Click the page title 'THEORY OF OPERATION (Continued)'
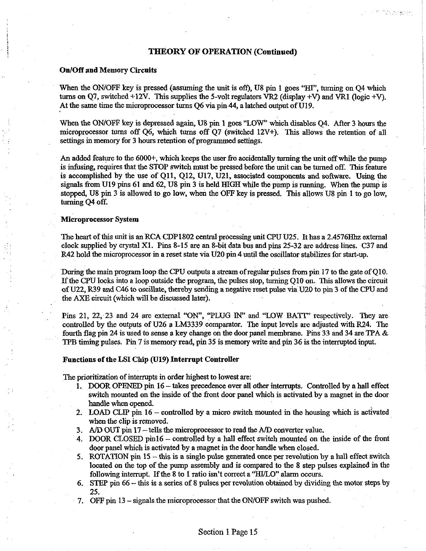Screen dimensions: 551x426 tap(222, 52)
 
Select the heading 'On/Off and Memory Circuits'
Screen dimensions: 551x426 tap(108, 70)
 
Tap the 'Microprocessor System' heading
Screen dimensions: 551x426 tap(100, 220)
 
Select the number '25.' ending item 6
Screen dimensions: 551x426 tap(94, 492)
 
